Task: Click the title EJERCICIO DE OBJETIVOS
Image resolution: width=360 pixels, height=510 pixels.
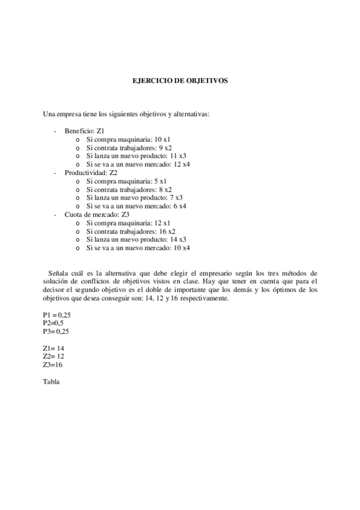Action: pos(180,79)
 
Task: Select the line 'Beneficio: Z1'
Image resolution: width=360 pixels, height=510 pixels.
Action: pos(85,131)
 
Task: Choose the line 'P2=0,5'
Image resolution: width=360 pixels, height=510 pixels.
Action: pos(54,323)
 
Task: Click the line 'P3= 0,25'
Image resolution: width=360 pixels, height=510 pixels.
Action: pos(56,331)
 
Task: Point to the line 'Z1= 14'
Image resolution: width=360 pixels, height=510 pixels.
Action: pos(53,348)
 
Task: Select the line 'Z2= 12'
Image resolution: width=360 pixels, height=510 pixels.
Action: pos(53,357)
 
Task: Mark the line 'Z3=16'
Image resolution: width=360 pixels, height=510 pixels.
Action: pos(53,364)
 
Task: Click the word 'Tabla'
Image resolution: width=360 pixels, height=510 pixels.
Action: pos(51,382)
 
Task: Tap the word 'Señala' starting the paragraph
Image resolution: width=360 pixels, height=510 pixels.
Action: pos(58,272)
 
